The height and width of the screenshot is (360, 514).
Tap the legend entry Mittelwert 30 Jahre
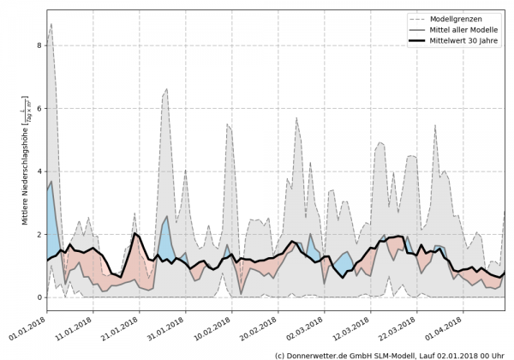click(x=465, y=40)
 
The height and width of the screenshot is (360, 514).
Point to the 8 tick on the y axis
click(x=39, y=45)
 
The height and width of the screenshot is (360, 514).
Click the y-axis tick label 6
click(x=39, y=108)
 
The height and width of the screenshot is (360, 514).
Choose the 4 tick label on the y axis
click(x=39, y=171)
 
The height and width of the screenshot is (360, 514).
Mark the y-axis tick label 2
click(x=39, y=234)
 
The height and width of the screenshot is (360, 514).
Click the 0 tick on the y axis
click(x=39, y=297)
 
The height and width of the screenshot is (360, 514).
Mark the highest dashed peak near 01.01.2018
click(x=51, y=24)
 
